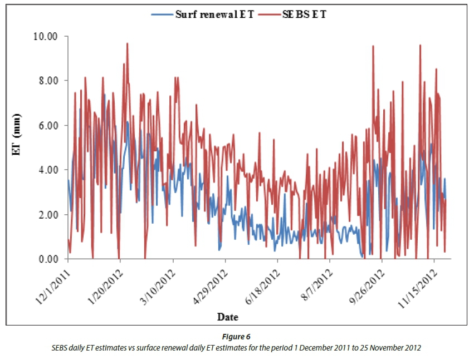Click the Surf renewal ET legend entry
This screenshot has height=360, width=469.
214,14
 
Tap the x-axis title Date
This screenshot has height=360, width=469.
228,317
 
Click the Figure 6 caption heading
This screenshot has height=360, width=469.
234,338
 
